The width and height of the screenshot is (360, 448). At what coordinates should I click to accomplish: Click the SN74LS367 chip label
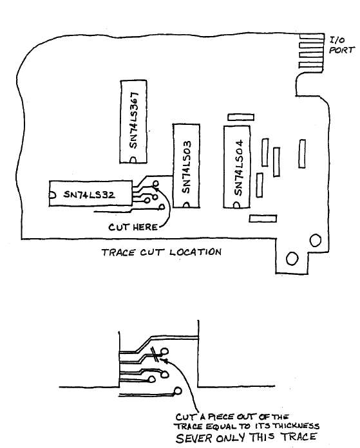pyautogui.click(x=134, y=120)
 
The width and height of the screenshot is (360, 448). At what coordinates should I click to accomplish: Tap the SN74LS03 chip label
pyautogui.click(x=186, y=167)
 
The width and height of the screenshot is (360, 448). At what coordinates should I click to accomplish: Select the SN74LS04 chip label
pyautogui.click(x=238, y=167)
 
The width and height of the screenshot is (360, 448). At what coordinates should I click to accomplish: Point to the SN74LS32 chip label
pyautogui.click(x=90, y=194)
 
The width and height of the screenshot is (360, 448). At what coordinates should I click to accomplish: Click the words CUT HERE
pyautogui.click(x=133, y=227)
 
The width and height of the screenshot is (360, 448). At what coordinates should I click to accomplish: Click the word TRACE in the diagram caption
pyautogui.click(x=118, y=252)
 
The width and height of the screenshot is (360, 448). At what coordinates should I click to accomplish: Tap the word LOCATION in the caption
pyautogui.click(x=195, y=252)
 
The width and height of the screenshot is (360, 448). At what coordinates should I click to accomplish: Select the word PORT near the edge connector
pyautogui.click(x=342, y=50)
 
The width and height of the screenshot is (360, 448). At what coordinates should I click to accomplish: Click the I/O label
pyautogui.click(x=337, y=40)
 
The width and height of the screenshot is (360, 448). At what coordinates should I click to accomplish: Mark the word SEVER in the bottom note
pyautogui.click(x=194, y=438)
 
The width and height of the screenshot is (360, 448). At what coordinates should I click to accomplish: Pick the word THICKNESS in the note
pyautogui.click(x=296, y=426)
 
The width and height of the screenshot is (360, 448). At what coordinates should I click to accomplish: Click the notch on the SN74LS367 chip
pyautogui.click(x=133, y=160)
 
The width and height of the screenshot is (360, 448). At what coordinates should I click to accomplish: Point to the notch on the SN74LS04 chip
pyautogui.click(x=236, y=205)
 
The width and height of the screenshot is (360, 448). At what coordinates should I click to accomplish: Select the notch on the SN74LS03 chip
pyautogui.click(x=186, y=205)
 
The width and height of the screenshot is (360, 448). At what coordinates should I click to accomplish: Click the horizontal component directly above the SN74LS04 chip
pyautogui.click(x=241, y=117)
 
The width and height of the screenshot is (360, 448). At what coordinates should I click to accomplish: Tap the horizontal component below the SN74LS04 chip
pyautogui.click(x=263, y=219)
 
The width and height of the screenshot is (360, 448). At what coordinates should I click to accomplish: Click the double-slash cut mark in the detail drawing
pyautogui.click(x=155, y=354)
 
